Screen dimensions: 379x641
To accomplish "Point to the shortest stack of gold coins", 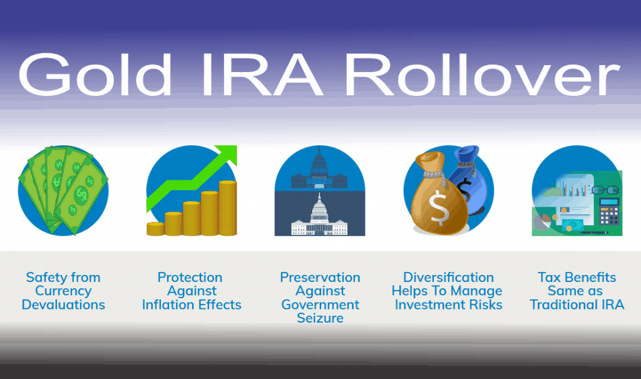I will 155,228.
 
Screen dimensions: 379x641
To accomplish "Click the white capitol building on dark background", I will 319,219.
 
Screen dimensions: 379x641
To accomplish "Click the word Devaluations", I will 63,305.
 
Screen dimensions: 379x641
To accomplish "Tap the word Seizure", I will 320,318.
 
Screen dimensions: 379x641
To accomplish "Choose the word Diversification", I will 448,278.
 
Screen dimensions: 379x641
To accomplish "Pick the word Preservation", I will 320,278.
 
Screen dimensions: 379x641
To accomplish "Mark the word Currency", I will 63,291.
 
